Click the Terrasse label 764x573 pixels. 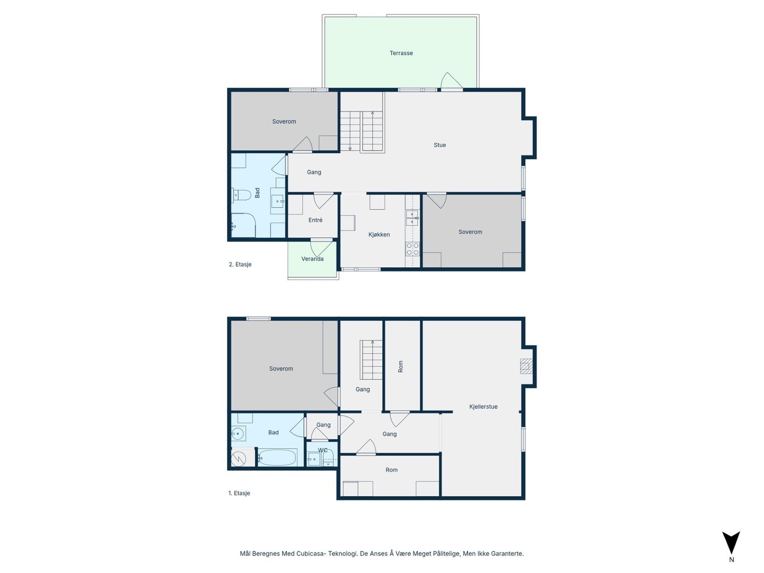tap(401, 53)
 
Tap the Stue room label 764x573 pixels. tap(440, 145)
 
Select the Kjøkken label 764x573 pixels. tap(379, 234)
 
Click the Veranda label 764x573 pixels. tap(312, 259)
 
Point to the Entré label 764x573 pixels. tap(315, 220)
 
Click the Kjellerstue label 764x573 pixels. tap(483, 407)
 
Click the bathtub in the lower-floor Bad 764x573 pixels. tap(277, 458)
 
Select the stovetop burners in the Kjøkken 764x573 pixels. tap(413, 249)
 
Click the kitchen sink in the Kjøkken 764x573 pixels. tap(412, 218)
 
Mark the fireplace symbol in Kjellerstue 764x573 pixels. tap(526, 366)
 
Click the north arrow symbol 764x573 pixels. tap(731, 543)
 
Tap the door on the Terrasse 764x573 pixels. tap(451, 81)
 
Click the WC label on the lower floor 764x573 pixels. tap(323, 450)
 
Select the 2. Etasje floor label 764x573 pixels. tap(240, 265)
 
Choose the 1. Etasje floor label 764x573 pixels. tap(239, 493)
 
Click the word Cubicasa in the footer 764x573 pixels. tap(311, 554)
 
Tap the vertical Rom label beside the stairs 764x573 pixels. tap(401, 366)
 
